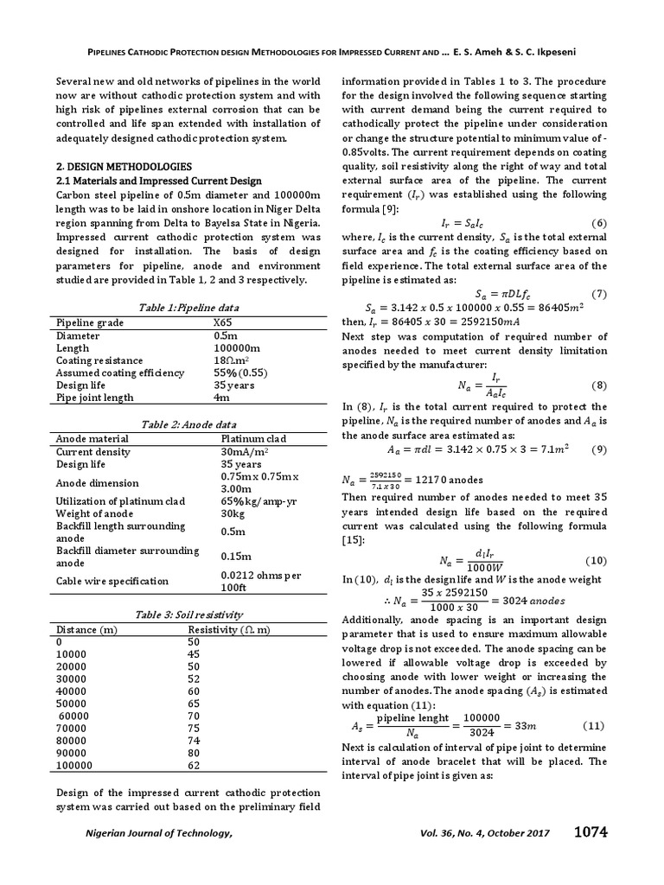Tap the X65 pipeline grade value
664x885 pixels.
(223, 322)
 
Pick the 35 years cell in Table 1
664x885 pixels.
(233, 385)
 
